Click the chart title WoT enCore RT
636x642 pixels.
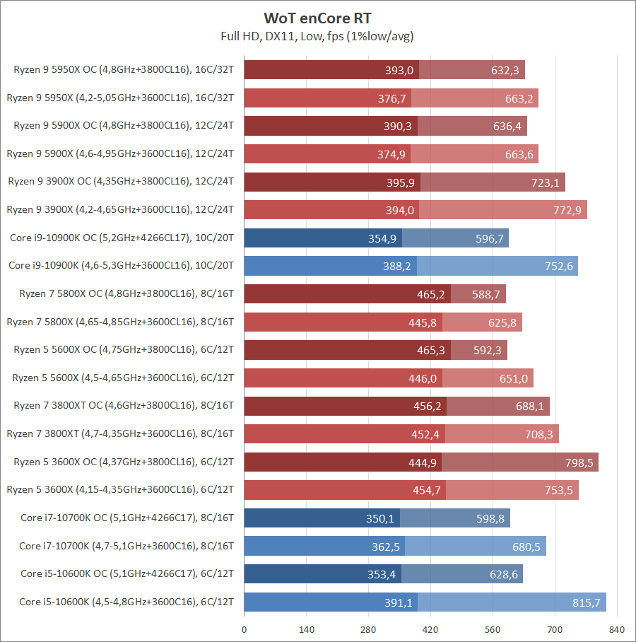317,17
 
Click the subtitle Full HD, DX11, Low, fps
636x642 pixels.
317,35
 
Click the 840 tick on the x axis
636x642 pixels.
617,629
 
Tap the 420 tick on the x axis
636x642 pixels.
430,629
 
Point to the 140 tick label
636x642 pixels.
306,629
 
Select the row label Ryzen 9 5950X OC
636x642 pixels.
124,69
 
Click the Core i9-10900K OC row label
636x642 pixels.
122,238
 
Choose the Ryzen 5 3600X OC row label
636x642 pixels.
124,462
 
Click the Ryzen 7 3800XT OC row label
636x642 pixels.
124,406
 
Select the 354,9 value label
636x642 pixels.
382,238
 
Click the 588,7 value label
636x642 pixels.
486,294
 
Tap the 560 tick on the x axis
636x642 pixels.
493,629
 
